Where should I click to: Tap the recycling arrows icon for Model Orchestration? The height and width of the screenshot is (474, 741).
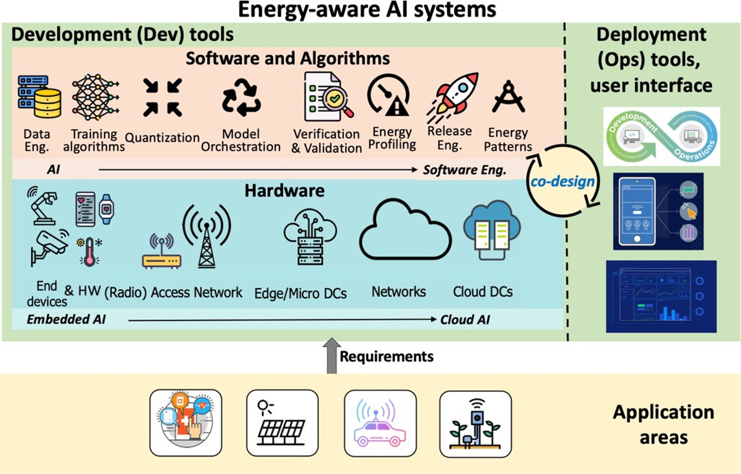pyautogui.click(x=241, y=97)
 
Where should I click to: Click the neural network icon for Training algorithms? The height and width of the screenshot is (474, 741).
pyautogui.click(x=95, y=97)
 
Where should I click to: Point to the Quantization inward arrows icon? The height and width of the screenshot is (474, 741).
pyautogui.click(x=162, y=97)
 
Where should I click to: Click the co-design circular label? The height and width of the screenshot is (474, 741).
pyautogui.click(x=563, y=181)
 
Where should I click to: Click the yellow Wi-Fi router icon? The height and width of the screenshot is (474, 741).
pyautogui.click(x=161, y=253)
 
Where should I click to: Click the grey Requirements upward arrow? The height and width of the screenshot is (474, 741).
pyautogui.click(x=332, y=355)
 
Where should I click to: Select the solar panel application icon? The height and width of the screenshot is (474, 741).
pyautogui.click(x=282, y=423)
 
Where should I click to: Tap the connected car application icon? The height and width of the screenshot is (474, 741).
pyautogui.click(x=380, y=423)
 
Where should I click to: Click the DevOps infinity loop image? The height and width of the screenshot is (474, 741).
pyautogui.click(x=661, y=136)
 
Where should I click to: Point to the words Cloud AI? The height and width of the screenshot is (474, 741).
pyautogui.click(x=465, y=320)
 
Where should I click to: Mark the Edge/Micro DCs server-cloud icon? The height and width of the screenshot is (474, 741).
pyautogui.click(x=310, y=237)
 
